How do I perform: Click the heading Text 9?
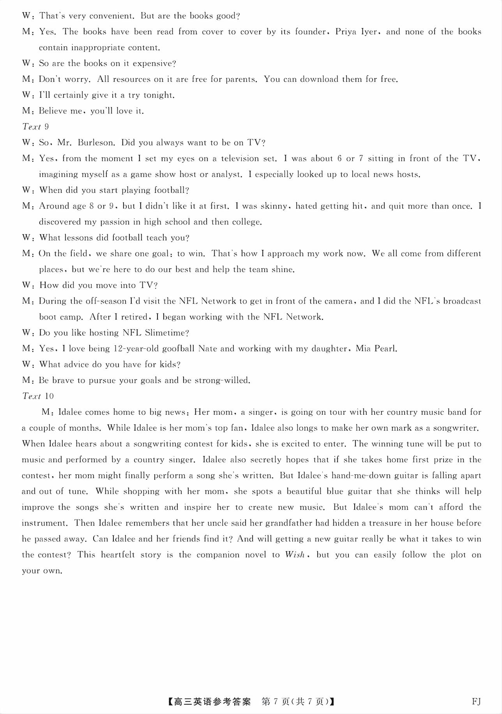(x=35, y=127)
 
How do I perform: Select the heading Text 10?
(x=38, y=396)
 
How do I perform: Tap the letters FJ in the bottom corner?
(x=476, y=702)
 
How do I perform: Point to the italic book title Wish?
(x=294, y=555)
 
